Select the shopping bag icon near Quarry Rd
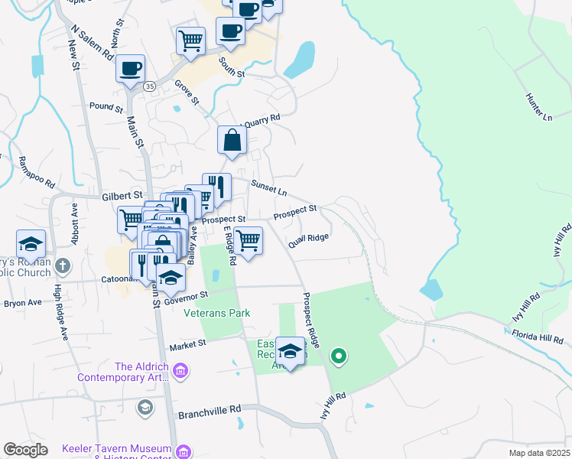coord(232,141)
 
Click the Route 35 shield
coord(149,87)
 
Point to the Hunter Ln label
coord(538,107)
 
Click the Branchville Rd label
coord(209,415)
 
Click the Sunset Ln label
coord(268,186)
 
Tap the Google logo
coord(26,449)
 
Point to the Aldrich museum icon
coord(180,372)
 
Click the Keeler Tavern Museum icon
coord(183,451)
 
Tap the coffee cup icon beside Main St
coord(130,68)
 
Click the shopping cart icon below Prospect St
coord(248,240)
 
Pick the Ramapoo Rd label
coord(37,173)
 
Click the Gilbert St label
coord(122,196)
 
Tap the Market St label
coord(188,346)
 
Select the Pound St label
coord(106,108)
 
